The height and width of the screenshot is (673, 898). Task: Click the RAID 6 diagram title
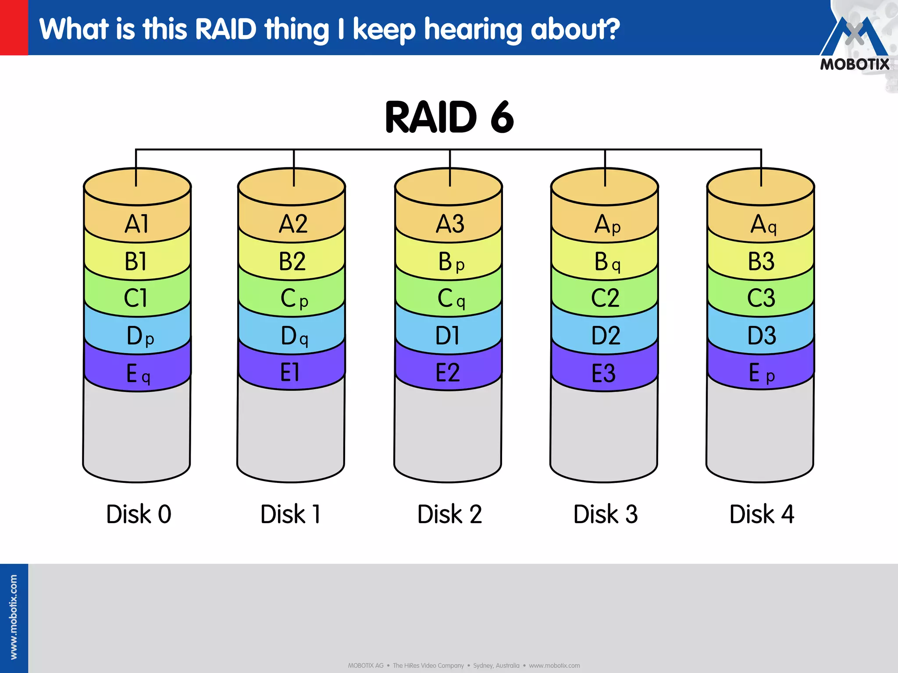449,117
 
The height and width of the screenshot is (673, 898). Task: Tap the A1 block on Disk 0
137,224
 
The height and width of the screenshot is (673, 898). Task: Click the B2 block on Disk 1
292,262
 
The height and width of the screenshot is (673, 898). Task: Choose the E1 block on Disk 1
290,373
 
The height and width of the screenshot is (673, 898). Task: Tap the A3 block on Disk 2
449,224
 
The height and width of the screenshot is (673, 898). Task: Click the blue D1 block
448,336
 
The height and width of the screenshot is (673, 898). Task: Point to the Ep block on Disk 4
761,373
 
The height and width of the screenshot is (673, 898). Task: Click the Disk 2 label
449,514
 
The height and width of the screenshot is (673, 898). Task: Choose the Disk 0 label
139,514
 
